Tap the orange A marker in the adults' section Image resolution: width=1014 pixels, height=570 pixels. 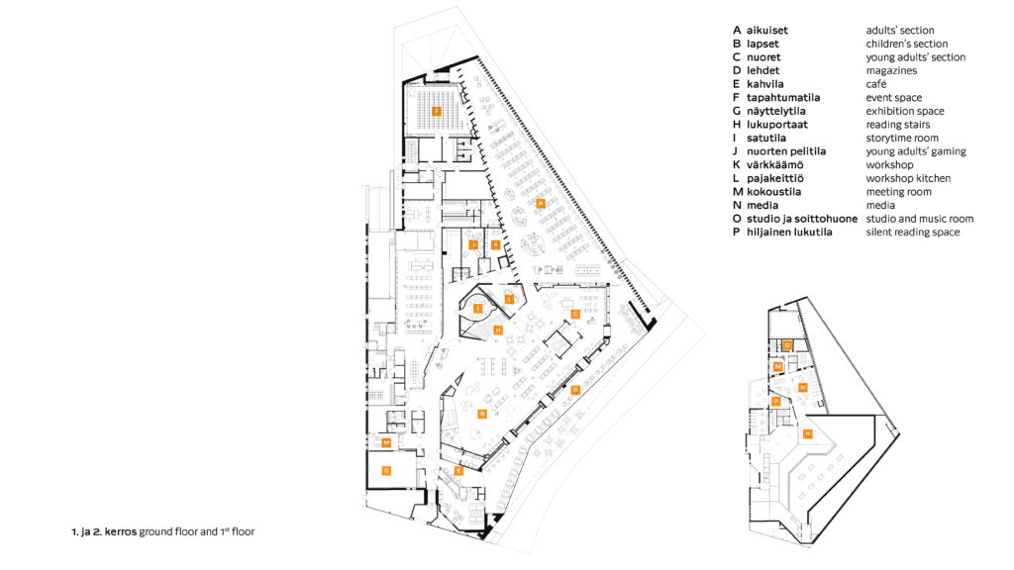pos(540,203)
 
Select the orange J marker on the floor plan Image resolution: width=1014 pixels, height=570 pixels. pos(473,243)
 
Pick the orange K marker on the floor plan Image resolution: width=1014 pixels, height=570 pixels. pos(495,243)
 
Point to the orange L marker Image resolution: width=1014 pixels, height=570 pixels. pos(509,297)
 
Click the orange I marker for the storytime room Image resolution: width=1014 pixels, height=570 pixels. pos(477,309)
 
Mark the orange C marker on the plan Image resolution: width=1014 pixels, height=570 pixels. pos(574,313)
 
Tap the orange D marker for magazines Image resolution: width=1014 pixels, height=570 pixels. pos(574,390)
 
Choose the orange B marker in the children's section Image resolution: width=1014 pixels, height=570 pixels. pos(481,413)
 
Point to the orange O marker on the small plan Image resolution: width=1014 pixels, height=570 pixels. pos(786,344)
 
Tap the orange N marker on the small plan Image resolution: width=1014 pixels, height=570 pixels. pos(803,387)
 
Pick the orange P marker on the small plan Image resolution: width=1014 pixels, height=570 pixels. pos(776,401)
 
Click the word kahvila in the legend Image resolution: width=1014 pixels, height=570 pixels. pos(765,84)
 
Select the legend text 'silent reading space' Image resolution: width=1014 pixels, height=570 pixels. pos(912,233)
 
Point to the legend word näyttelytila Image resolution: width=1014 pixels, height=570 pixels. pos(777,112)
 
